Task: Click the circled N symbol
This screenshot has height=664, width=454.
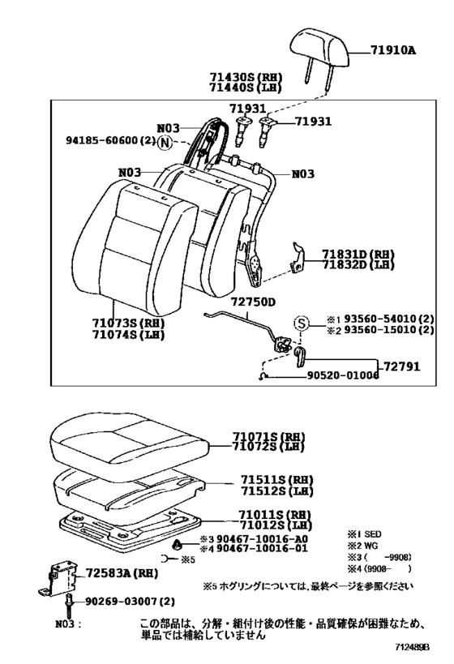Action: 165,144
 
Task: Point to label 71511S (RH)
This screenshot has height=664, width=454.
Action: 276,480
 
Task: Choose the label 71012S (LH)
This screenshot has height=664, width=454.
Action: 275,525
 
